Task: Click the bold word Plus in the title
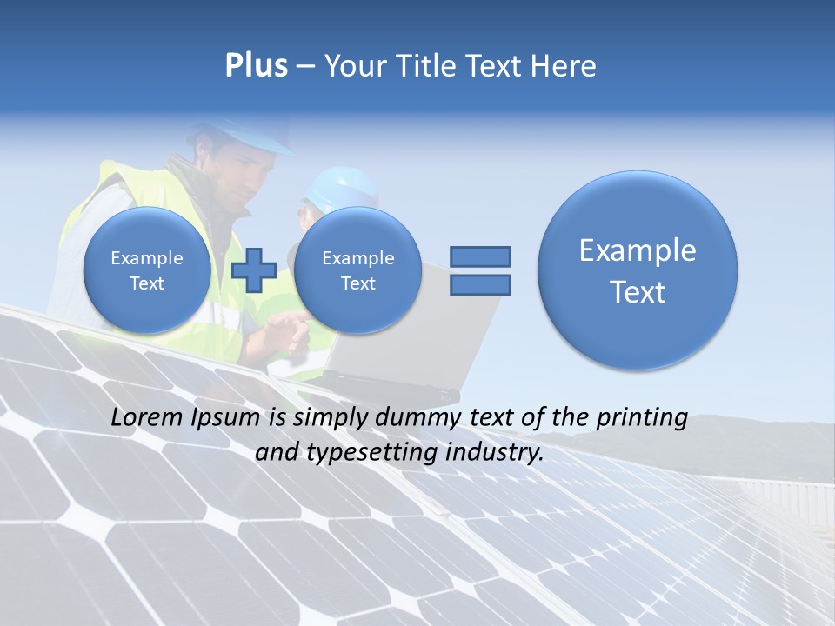(x=256, y=66)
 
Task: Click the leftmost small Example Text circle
(x=146, y=270)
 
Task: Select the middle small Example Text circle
(x=357, y=270)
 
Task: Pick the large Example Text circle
(x=638, y=270)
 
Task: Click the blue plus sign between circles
(x=254, y=270)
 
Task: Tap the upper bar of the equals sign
(x=479, y=256)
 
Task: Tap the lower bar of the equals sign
(x=479, y=284)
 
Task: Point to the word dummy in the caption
(x=419, y=418)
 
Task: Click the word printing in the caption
(x=642, y=418)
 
